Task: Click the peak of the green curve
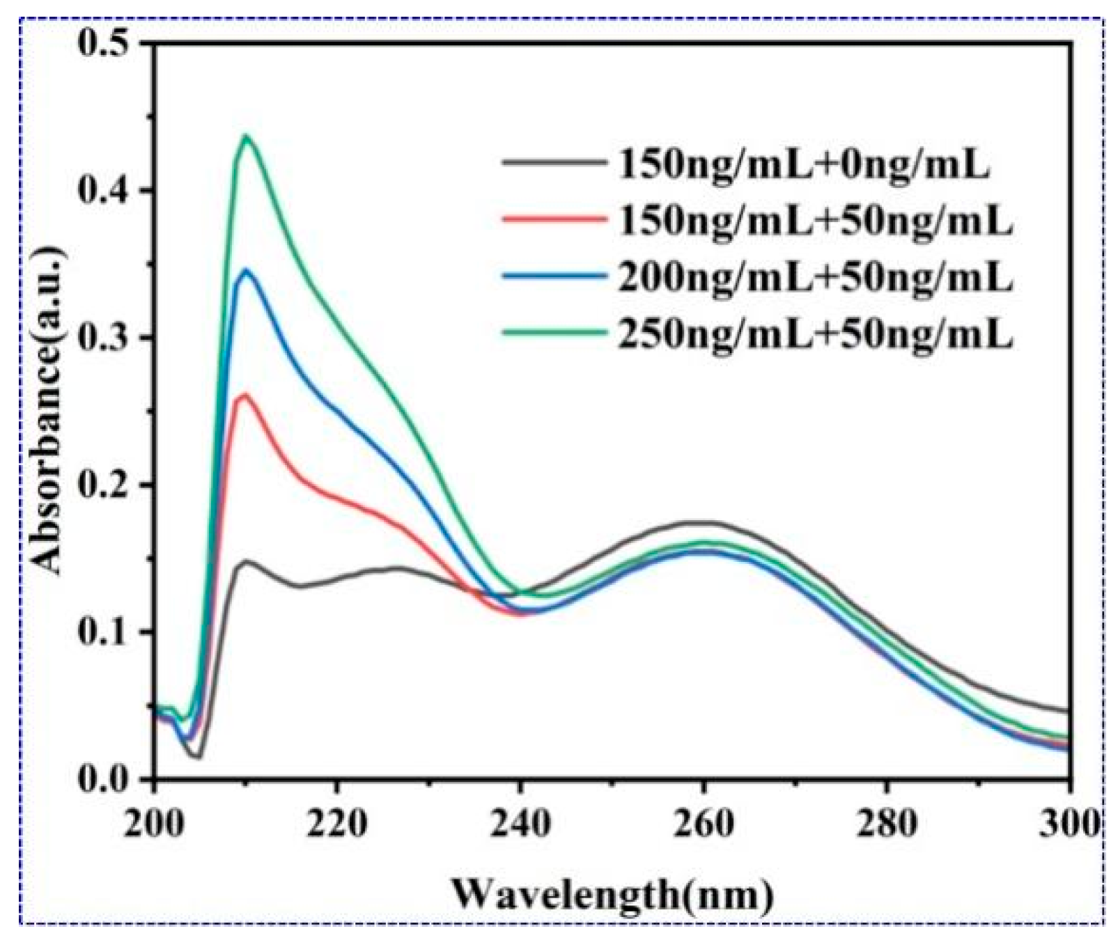tap(245, 136)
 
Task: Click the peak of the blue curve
tap(244, 269)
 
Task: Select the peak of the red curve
tap(244, 395)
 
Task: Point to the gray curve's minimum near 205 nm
tap(199, 756)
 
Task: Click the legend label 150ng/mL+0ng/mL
tap(804, 166)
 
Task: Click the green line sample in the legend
tap(553, 333)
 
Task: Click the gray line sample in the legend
tap(553, 162)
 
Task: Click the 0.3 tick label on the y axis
tap(104, 338)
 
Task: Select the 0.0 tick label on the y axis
tap(104, 778)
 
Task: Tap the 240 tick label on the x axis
tap(520, 824)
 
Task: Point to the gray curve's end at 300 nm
tap(1067, 711)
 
